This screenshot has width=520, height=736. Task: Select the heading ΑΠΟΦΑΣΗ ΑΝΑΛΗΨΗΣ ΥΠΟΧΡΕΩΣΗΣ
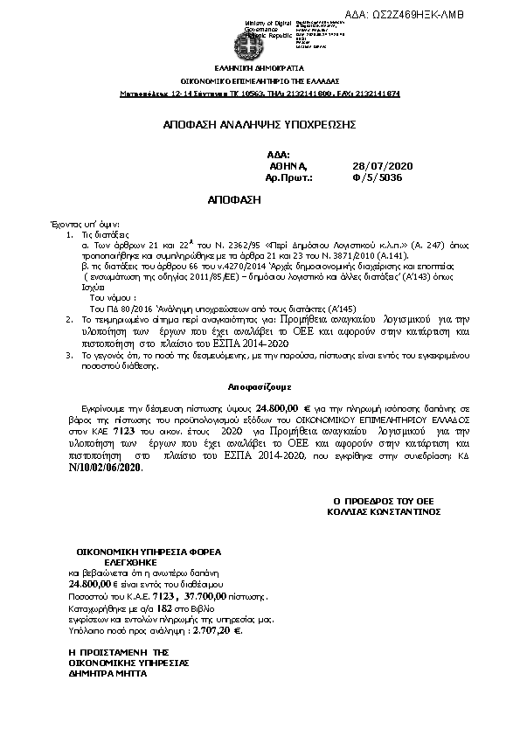point(260,125)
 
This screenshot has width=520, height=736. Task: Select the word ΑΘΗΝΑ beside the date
point(288,165)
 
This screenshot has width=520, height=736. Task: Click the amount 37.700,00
point(203,595)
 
